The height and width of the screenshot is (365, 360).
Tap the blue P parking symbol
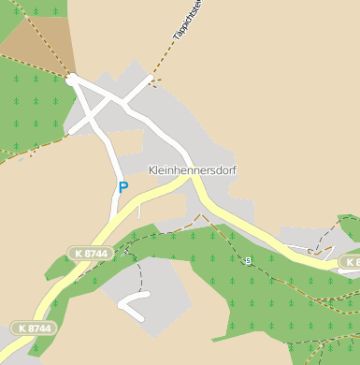(x=122, y=187)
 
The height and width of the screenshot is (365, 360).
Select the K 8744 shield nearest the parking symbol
(x=91, y=253)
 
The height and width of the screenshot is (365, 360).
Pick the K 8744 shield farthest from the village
(x=33, y=328)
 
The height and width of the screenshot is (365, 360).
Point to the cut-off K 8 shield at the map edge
(x=350, y=263)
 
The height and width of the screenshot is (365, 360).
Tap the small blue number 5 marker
(x=248, y=261)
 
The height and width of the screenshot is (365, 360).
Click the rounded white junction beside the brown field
(x=71, y=80)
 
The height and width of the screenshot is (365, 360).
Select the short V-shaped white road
(x=133, y=305)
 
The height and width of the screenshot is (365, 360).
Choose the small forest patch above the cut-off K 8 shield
(x=350, y=227)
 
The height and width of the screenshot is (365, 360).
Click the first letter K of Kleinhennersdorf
(x=152, y=170)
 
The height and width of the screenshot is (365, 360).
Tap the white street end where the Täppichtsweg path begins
(x=149, y=80)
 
